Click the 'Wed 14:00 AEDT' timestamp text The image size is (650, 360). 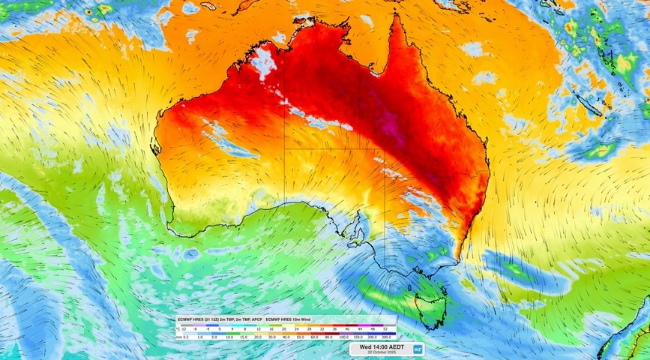(380, 346)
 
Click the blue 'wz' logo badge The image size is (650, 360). (418, 349)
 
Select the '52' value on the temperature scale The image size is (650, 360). (385, 328)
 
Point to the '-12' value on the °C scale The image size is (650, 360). (181, 328)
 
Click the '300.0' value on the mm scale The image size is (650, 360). (385, 337)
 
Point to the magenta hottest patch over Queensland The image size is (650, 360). (395, 129)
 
